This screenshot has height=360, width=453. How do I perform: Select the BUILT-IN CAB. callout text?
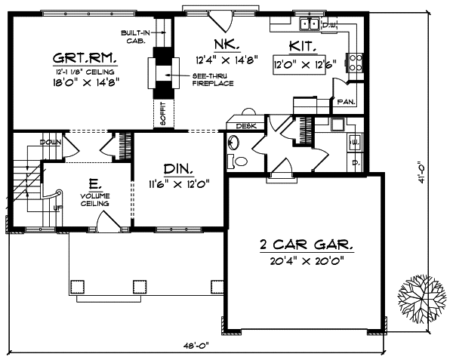137,36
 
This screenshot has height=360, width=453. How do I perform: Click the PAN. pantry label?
347,100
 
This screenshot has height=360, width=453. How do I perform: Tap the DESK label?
245,126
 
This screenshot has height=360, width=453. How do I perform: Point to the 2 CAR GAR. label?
306,246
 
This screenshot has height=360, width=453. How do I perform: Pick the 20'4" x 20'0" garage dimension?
306,260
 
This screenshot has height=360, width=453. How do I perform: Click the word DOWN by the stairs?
51,142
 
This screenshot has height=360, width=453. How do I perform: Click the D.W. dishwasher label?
329,26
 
